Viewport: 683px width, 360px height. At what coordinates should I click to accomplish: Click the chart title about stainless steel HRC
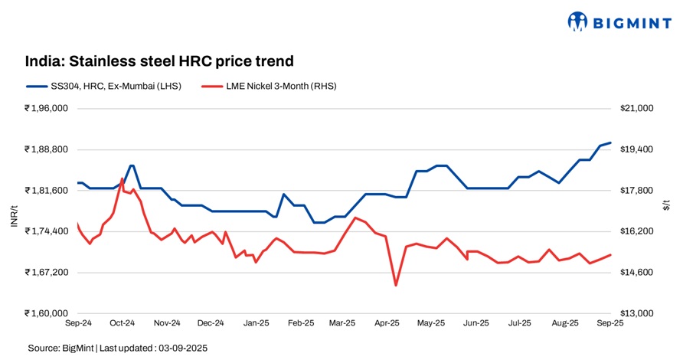[x=159, y=61]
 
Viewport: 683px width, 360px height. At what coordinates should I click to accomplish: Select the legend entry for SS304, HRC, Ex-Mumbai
[x=104, y=86]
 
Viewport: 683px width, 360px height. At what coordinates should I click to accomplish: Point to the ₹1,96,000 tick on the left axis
[x=47, y=109]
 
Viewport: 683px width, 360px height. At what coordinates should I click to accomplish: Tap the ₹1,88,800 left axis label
[x=47, y=149]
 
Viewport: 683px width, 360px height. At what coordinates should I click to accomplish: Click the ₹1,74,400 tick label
[x=47, y=231]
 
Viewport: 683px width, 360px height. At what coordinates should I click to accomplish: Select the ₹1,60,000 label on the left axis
[x=47, y=313]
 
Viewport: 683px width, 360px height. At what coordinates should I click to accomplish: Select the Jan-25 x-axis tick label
[x=255, y=324]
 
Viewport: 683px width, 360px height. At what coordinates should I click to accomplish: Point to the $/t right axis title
[x=667, y=205]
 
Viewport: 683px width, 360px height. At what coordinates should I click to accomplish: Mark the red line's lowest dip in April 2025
[x=396, y=286]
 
